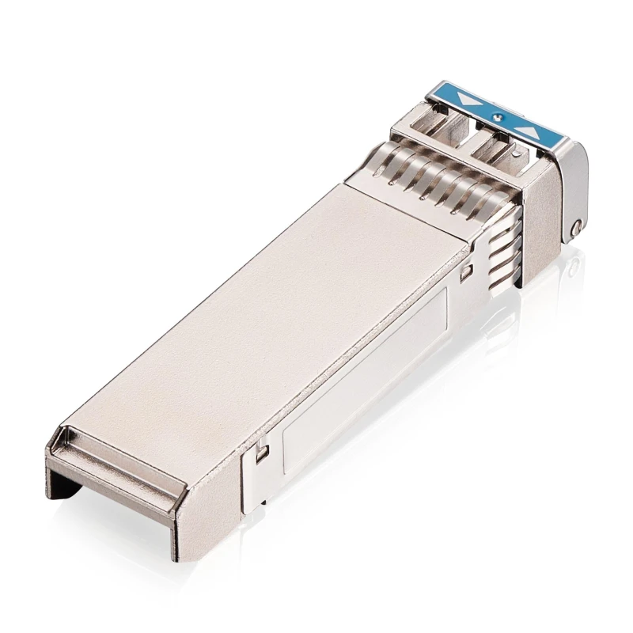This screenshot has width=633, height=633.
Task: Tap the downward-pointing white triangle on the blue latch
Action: tap(472, 101)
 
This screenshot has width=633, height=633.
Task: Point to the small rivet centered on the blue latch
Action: tap(496, 116)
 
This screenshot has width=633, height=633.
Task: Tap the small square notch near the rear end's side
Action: tap(262, 452)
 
